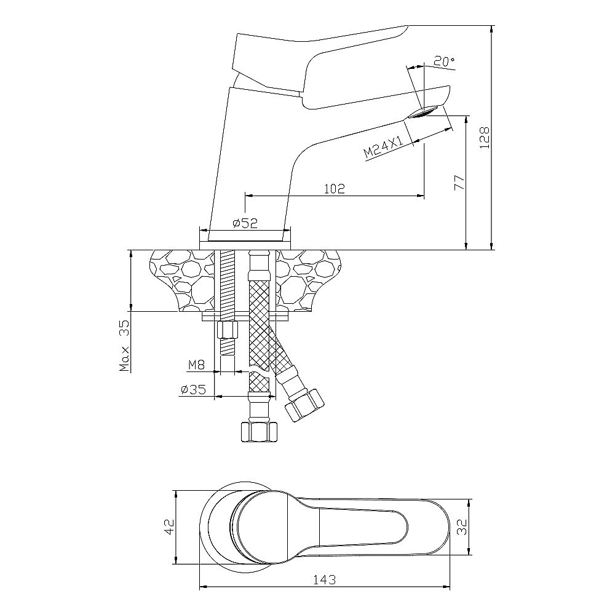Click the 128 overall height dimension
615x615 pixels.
[484, 139]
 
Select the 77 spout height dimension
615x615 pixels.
[458, 182]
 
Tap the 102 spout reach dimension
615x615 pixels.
[333, 188]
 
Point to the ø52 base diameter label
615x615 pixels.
[245, 224]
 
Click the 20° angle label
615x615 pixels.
[444, 61]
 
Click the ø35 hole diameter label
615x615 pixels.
[192, 389]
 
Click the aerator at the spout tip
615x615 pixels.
[424, 112]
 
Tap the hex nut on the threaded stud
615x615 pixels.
[226, 330]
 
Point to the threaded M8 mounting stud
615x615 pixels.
[227, 289]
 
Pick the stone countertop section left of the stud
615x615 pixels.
[181, 277]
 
